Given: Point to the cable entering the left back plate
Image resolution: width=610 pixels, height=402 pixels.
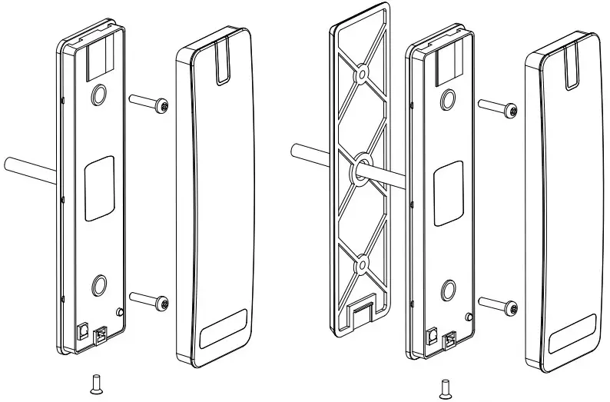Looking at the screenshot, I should click(x=29, y=166).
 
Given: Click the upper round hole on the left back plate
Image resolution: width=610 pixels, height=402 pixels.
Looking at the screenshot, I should click(x=98, y=94).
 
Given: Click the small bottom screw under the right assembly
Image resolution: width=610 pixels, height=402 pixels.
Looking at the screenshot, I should click(x=444, y=387).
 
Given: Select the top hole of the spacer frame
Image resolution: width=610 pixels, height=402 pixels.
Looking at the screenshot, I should click(x=360, y=75).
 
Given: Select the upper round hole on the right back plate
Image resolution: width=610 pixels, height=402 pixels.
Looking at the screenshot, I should click(x=449, y=98).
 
